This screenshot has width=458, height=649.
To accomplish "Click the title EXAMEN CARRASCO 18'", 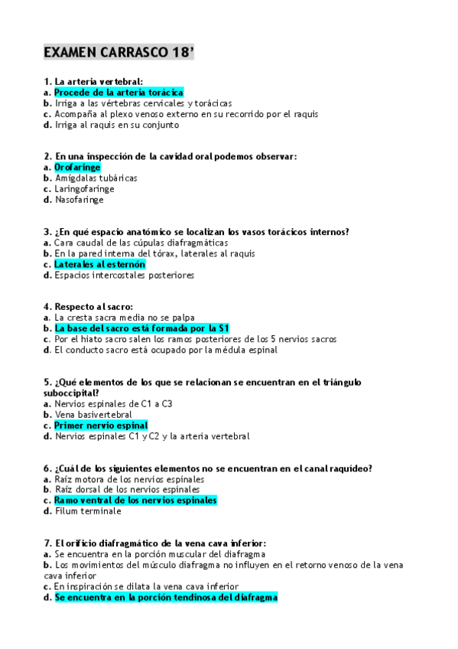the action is (x=119, y=52).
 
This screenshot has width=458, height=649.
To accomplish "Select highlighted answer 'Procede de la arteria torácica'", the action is (x=119, y=92).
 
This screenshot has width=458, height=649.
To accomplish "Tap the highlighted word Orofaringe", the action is (x=77, y=167).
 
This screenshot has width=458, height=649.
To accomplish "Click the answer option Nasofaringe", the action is (x=79, y=200).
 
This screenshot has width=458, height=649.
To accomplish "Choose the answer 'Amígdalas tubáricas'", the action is (x=96, y=178).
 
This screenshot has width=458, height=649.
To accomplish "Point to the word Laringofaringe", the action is (x=84, y=189).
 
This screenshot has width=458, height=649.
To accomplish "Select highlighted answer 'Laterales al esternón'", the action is (x=99, y=264).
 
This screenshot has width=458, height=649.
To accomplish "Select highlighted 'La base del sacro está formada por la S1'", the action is (x=141, y=328).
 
